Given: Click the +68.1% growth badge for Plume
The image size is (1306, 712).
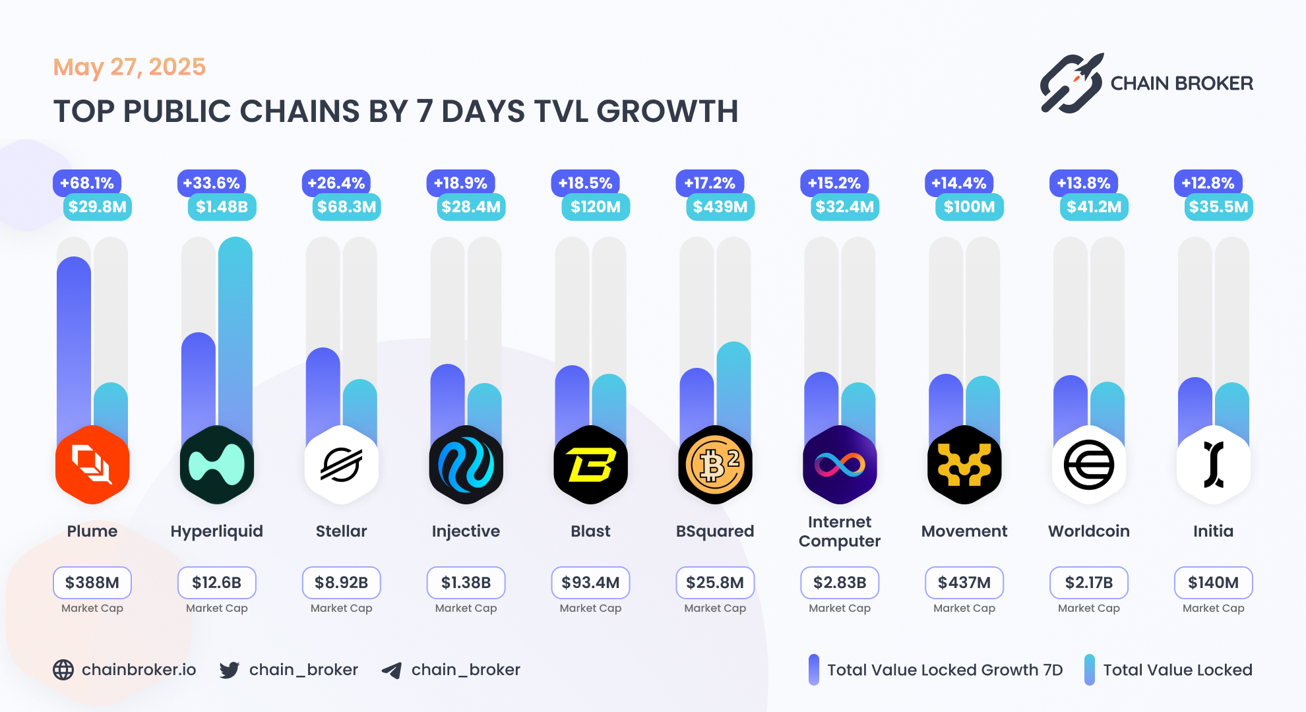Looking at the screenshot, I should (87, 183).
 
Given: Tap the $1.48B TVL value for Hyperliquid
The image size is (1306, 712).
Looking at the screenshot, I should (222, 207).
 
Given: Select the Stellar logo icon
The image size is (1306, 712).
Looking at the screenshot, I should (341, 465).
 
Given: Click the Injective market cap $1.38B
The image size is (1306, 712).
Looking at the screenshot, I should (466, 583).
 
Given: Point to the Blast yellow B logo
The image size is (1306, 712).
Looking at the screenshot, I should (590, 465).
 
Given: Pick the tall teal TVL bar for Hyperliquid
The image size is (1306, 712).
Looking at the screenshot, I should (235, 330).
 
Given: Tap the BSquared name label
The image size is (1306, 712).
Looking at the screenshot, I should (715, 531).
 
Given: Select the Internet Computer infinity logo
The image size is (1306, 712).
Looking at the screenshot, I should (840, 465).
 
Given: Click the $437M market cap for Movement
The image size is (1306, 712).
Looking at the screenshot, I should (964, 583).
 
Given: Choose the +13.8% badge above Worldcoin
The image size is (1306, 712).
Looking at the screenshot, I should (1083, 183).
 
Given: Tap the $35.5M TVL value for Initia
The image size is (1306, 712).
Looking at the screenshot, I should (1218, 207).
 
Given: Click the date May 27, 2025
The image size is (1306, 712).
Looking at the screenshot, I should (129, 67).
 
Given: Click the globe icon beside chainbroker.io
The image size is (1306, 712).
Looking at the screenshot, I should (63, 670).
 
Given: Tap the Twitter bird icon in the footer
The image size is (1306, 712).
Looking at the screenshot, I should (230, 670).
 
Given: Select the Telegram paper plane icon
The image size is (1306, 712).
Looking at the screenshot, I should (392, 670).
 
